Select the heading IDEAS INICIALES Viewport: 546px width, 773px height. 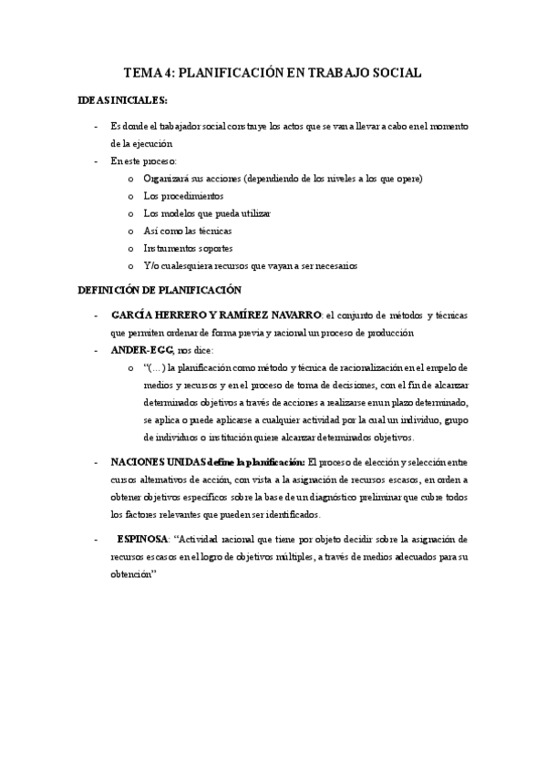(123, 100)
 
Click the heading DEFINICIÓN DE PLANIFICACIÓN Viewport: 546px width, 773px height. (160, 290)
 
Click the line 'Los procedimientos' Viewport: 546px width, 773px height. (182, 196)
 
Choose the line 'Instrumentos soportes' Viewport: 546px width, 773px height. (188, 248)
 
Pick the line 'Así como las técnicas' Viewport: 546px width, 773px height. (187, 231)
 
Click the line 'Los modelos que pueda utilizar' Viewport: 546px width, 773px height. (207, 213)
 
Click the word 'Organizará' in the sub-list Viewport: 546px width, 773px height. (166, 179)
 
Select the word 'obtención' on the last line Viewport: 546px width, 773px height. (133, 574)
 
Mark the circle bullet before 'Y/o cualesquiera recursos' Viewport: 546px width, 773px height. (131, 265)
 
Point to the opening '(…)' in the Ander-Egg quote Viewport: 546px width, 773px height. (154, 367)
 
